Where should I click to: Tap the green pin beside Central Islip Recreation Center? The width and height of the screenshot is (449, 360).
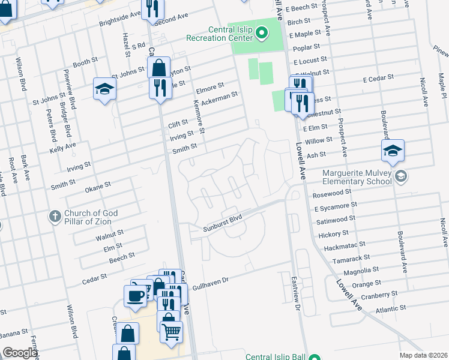[x=261, y=32]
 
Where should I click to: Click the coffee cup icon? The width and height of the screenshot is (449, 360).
[x=134, y=295]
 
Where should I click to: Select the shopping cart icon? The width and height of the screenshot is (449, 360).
[x=171, y=331]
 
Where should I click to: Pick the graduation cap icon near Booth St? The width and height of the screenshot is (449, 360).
[x=104, y=89]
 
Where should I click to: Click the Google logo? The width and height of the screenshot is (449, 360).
[x=20, y=353]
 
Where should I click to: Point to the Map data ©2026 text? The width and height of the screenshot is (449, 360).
[x=424, y=355]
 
